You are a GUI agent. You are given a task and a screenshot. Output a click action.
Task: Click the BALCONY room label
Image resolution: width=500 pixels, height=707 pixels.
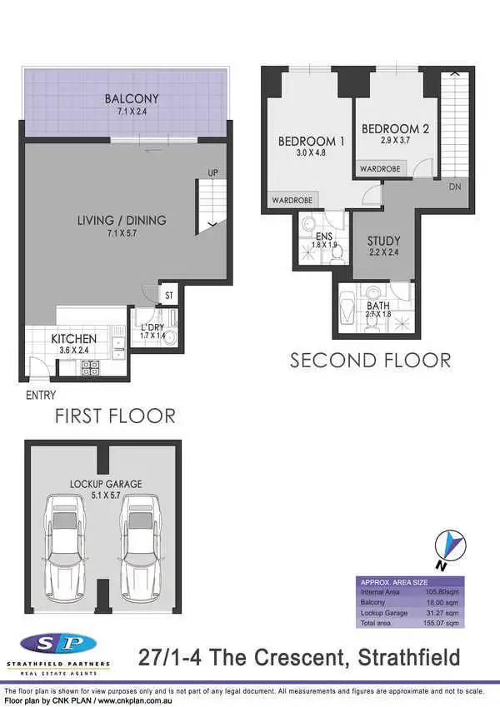(x=127, y=99)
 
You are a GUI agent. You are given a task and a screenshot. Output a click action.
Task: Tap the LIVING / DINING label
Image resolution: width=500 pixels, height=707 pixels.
(x=122, y=220)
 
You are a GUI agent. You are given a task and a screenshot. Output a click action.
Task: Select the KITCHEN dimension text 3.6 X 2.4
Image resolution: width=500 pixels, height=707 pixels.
(x=73, y=351)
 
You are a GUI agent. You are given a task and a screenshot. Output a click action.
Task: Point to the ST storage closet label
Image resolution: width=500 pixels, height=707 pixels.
(x=168, y=295)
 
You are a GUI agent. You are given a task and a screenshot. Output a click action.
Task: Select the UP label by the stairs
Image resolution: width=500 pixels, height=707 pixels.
(x=212, y=173)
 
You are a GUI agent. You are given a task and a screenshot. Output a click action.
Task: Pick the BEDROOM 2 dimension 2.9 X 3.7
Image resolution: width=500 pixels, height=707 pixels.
(x=394, y=142)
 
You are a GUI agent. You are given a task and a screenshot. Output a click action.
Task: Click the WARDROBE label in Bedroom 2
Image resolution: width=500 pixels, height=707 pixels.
(x=380, y=169)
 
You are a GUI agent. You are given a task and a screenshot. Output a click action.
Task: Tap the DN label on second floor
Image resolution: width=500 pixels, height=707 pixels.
(x=454, y=187)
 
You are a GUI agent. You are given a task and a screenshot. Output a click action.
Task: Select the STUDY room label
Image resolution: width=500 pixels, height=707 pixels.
(x=383, y=241)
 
